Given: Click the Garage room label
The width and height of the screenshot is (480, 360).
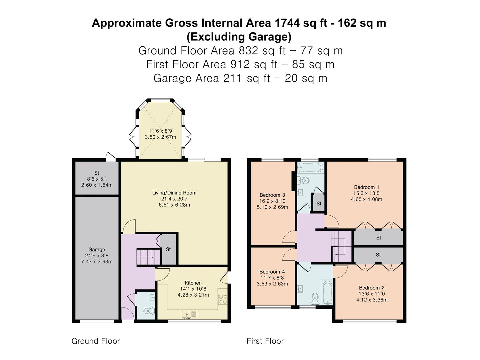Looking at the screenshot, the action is tap(97, 249).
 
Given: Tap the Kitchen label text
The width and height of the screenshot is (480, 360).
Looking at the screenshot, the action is tap(193, 283).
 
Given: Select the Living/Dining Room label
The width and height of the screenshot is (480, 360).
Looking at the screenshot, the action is tap(174, 193).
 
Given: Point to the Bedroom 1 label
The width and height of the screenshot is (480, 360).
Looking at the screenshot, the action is tap(367, 187).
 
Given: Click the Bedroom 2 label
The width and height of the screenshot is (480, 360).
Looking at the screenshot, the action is tap(372, 288).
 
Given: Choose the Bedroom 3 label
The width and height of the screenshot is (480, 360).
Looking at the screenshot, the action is tap(272, 195).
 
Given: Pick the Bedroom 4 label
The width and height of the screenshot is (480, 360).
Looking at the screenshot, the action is tap(272, 272).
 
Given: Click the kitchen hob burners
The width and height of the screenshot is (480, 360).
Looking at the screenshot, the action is tap(223, 299).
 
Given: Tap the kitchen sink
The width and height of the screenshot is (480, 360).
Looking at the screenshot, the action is tap(187, 315).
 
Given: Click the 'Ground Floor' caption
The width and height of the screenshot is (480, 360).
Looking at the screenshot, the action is tap(96, 341).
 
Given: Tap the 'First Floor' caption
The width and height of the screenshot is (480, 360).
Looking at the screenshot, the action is tap(265, 341).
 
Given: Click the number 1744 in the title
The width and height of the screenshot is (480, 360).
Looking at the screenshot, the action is tap(287, 23).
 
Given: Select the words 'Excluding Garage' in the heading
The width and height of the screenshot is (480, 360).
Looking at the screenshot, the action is tap(239, 37).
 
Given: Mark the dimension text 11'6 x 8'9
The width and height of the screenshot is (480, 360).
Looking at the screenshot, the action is tap(160, 131).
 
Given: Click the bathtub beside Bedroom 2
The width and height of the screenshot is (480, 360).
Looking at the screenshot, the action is tap(327, 292).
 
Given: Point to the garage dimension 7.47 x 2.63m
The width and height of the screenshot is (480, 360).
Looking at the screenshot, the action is tap(97, 262).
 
